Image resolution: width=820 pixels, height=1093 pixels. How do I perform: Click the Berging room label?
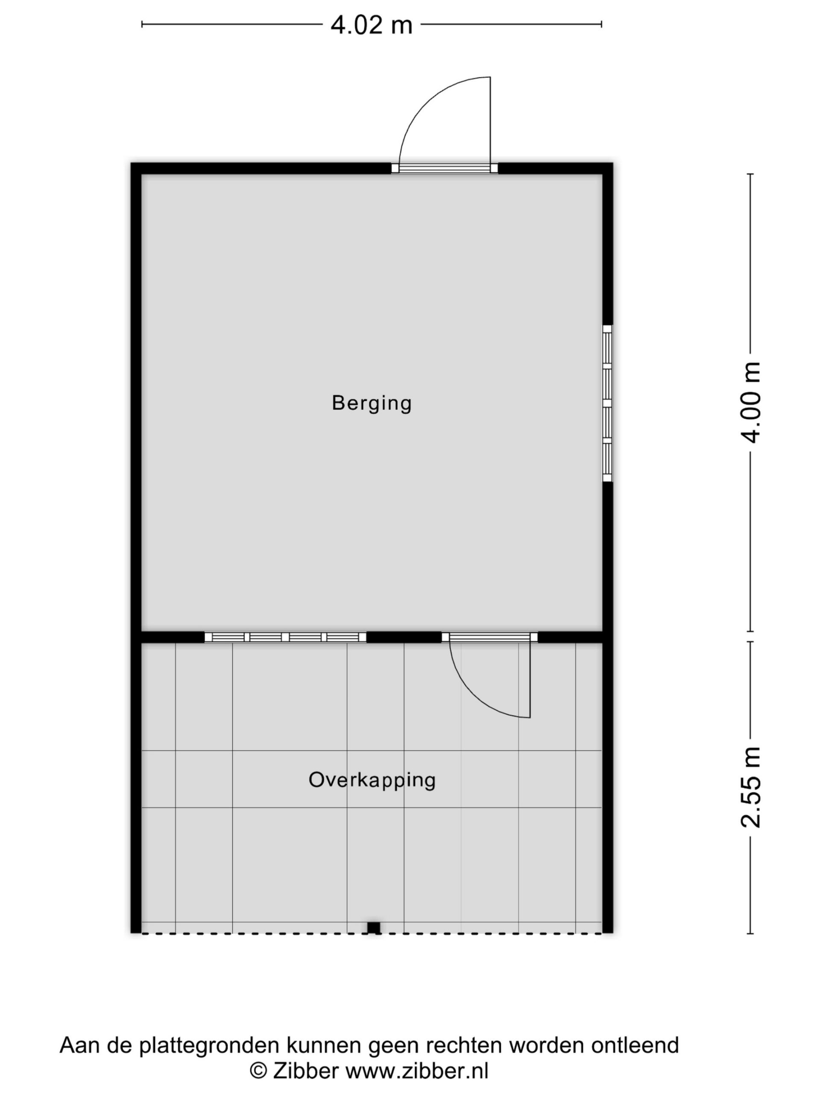[x=371, y=403]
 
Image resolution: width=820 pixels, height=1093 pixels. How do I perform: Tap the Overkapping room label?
[x=372, y=780]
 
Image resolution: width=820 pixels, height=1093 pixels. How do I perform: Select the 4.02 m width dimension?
[x=371, y=25]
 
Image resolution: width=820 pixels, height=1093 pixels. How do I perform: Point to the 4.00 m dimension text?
[x=750, y=402]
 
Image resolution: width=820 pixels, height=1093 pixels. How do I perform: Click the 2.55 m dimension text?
[x=750, y=786]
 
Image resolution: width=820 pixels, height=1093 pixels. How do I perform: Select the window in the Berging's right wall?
[x=607, y=403]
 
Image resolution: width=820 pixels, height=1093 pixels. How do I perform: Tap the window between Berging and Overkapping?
[x=285, y=637]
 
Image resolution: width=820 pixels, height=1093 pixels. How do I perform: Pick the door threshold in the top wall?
[x=444, y=168]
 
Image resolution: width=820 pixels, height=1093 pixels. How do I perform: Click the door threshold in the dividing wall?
[x=489, y=637]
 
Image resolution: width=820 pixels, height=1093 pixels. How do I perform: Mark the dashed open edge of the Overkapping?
[x=371, y=933]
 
